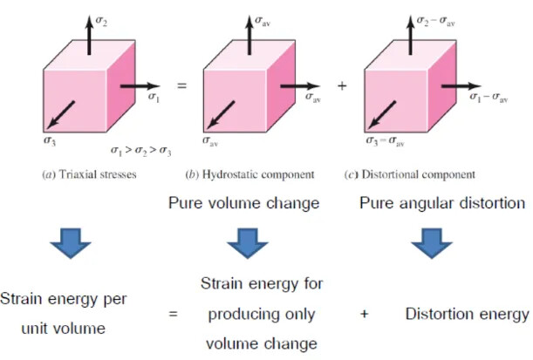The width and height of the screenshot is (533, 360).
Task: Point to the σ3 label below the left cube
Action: point(51,138)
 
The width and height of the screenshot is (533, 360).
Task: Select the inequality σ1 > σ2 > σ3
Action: point(139,151)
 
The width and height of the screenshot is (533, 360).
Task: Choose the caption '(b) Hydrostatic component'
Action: point(250,174)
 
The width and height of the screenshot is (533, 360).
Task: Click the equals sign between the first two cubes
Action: point(181,86)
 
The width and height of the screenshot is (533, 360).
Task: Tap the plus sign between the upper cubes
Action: point(342,86)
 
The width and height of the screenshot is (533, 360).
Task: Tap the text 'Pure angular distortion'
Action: point(441,204)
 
